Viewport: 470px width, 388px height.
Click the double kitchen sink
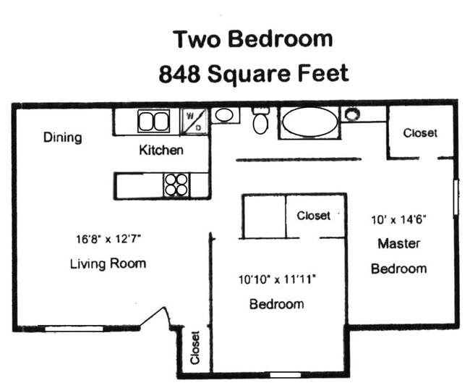click(x=153, y=120)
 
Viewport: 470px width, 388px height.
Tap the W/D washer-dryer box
click(x=193, y=120)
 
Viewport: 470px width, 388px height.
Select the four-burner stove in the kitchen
click(x=176, y=185)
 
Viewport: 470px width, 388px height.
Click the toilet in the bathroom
click(x=261, y=121)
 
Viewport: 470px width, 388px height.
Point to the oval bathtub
click(x=309, y=122)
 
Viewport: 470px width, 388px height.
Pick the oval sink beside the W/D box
click(x=225, y=114)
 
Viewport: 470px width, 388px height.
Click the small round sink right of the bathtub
click(x=352, y=114)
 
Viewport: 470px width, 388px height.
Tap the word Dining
click(x=62, y=138)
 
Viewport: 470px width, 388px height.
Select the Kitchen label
click(x=161, y=151)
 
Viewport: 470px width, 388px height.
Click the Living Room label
click(x=108, y=263)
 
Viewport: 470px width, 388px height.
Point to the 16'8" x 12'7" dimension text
click(x=108, y=237)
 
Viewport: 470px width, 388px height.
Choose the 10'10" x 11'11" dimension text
click(x=276, y=278)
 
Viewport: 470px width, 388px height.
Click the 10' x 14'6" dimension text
click(x=398, y=217)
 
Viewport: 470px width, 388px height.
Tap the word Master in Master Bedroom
click(x=398, y=243)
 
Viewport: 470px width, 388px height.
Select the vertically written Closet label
click(x=195, y=347)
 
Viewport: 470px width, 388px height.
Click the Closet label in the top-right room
click(x=420, y=133)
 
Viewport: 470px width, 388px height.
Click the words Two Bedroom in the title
click(x=252, y=38)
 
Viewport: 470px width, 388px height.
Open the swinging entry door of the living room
click(x=156, y=319)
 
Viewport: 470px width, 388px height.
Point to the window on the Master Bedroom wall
click(x=456, y=197)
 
